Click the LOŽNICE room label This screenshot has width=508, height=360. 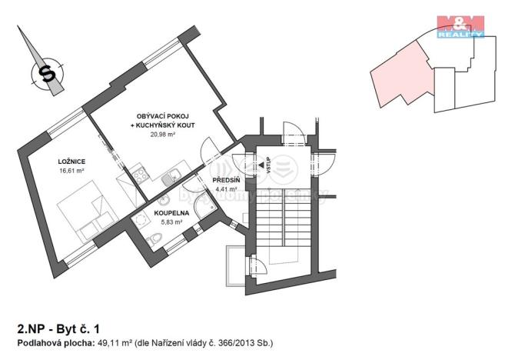click(x=71, y=162)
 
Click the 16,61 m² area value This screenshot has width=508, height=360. click(x=71, y=170)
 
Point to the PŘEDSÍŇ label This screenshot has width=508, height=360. click(x=227, y=180)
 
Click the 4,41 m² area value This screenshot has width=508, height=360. click(x=227, y=188)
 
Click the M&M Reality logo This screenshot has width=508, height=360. click(x=460, y=25)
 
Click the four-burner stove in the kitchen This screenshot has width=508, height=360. click(x=140, y=175)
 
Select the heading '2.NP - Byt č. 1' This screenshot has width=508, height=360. click(x=55, y=328)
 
